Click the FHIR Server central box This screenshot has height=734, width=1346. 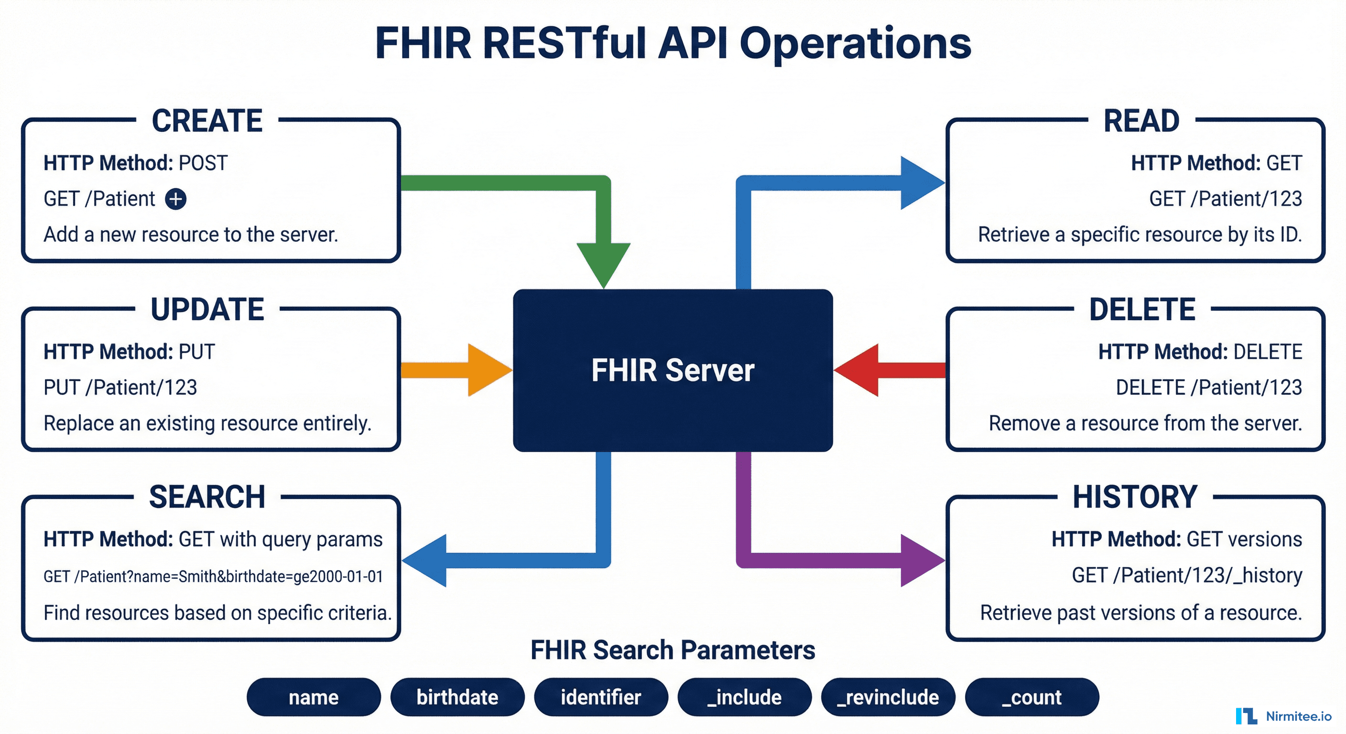point(673,370)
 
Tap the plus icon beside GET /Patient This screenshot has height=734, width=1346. point(175,199)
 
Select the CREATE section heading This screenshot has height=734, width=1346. point(207,121)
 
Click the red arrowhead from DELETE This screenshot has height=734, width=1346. point(859,370)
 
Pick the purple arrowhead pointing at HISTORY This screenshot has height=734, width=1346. point(920,560)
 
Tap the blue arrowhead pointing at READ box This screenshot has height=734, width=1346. point(920,183)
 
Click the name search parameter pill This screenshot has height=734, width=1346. point(314,697)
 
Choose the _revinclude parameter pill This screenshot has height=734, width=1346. point(888,697)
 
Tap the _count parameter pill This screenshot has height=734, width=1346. point(1031,697)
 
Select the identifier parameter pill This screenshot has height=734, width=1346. point(601,697)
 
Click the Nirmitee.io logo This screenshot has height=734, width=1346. point(1283,716)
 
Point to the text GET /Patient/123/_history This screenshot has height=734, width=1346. point(1187,575)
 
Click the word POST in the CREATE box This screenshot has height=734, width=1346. point(203,163)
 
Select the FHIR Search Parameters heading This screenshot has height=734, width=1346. point(673,650)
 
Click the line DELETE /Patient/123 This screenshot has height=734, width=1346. point(1208,388)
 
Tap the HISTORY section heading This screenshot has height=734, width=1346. point(1135,497)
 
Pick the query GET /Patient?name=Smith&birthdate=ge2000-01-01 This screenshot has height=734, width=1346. point(213,576)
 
